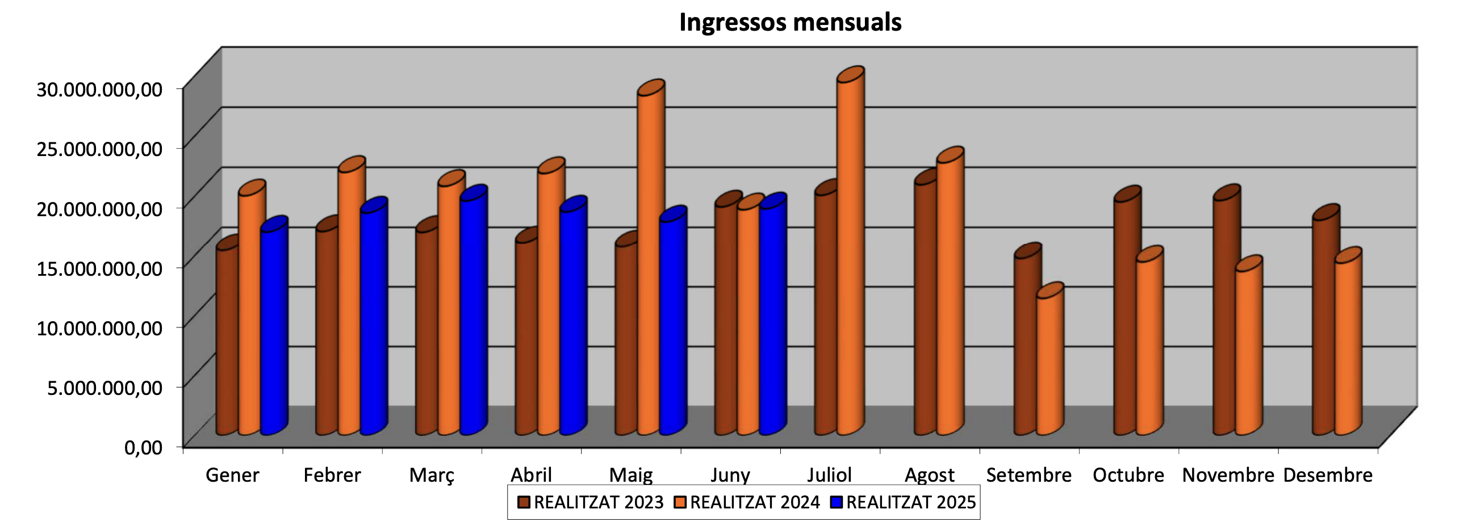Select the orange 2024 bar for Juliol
[x=849, y=257]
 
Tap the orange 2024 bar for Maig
[x=650, y=263]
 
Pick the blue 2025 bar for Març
[x=472, y=314]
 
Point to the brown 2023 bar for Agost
[x=924, y=309]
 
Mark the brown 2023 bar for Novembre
[x=1223, y=314]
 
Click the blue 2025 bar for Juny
[x=772, y=320]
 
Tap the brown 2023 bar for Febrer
[x=326, y=331]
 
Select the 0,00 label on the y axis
[x=144, y=447]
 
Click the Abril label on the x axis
[x=531, y=475]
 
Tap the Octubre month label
[x=1128, y=475]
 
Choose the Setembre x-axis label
[x=1028, y=475]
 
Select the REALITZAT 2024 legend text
[x=754, y=503]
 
